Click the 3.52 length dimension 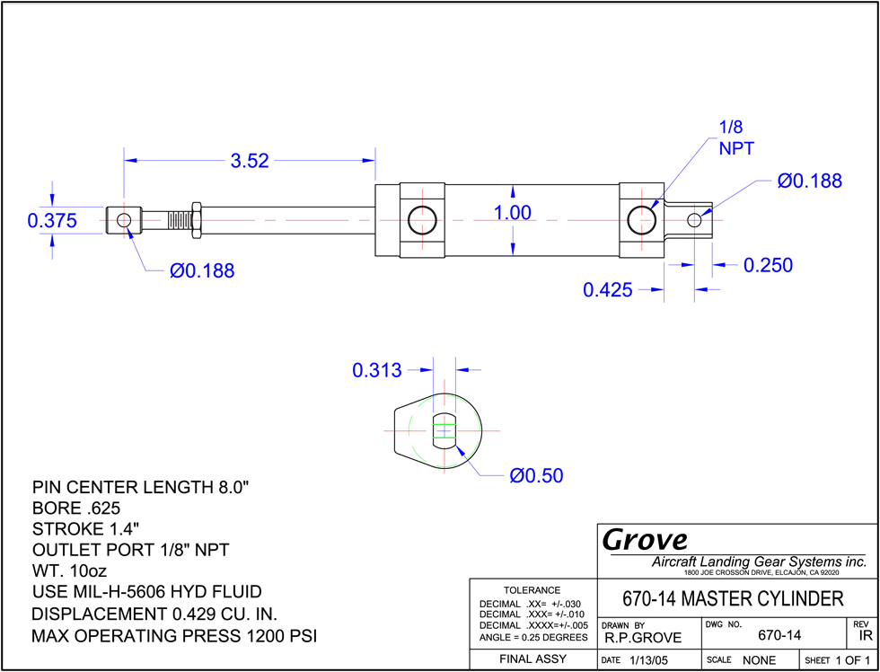click(250, 161)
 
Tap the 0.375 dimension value click(52, 221)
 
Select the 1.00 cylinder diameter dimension click(513, 213)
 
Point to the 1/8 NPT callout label click(736, 137)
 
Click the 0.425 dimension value click(608, 290)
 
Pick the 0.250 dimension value click(769, 265)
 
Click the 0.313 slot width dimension click(377, 370)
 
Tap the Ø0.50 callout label click(536, 476)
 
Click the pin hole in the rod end click(124, 219)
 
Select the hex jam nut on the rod click(197, 220)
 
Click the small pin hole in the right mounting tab click(694, 220)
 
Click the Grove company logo click(645, 541)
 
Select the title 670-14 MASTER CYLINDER click(733, 599)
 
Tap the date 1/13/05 click(647, 660)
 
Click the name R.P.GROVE click(643, 638)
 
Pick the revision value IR click(865, 636)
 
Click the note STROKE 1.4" click(85, 529)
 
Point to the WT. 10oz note click(70, 571)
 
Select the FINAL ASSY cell click(532, 659)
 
